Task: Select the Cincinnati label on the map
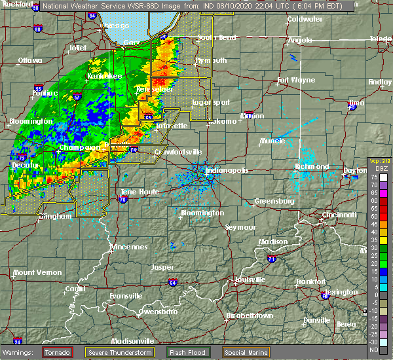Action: click(x=339, y=215)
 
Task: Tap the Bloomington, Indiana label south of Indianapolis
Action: click(x=203, y=213)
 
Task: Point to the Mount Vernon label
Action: click(x=37, y=272)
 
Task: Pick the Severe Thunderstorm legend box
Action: click(x=122, y=352)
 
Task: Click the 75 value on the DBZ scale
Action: click(x=373, y=177)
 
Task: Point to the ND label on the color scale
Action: click(x=373, y=350)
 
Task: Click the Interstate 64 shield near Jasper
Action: click(x=173, y=283)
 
